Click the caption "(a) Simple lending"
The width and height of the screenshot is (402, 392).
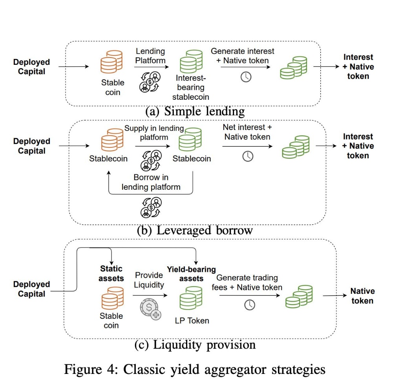(x=195, y=112)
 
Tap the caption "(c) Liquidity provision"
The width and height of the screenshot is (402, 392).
(x=195, y=345)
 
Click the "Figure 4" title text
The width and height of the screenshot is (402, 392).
(x=195, y=370)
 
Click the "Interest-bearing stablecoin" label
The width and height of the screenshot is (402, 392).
(x=190, y=87)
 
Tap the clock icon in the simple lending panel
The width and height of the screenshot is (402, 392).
(x=246, y=77)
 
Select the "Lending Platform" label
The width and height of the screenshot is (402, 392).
(x=150, y=56)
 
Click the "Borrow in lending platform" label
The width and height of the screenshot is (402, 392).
(x=151, y=182)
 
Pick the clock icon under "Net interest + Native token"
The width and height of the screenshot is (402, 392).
(x=247, y=156)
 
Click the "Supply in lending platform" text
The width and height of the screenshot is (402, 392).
(x=154, y=133)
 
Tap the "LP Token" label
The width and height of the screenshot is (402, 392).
(x=192, y=321)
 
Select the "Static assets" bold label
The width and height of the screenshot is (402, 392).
(x=112, y=273)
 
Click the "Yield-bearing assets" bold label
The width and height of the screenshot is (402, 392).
(x=191, y=274)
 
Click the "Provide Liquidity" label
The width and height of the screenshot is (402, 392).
(x=149, y=280)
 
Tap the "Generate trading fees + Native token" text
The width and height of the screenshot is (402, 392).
(x=247, y=282)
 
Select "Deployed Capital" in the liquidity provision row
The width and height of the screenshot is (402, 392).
(x=32, y=289)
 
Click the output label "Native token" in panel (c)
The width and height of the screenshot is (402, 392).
(x=362, y=296)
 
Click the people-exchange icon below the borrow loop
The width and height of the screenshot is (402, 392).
(x=151, y=207)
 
